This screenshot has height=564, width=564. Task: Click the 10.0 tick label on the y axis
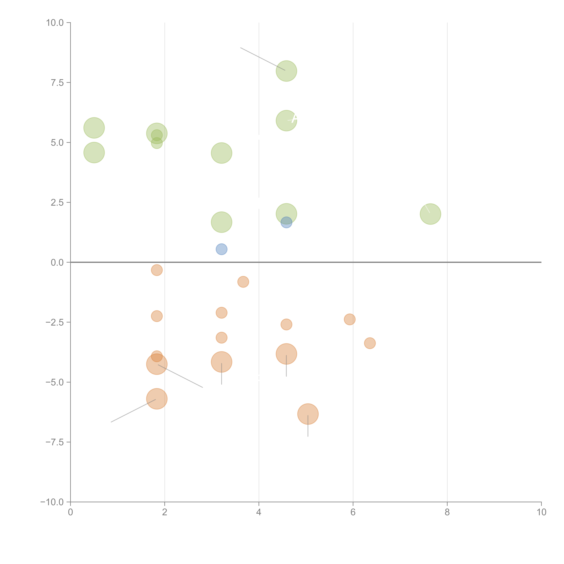55,23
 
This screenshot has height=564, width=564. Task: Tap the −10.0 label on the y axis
52,502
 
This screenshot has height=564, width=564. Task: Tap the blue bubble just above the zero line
222,249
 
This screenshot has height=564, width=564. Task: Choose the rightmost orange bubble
370,343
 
